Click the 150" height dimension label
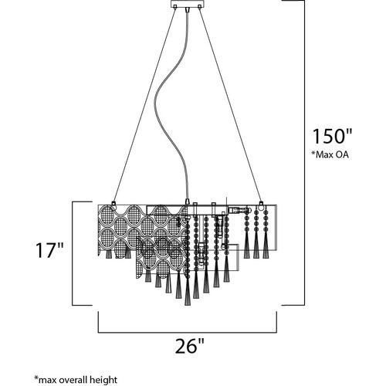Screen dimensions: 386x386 coord(332,136)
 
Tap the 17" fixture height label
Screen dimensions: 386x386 coord(49,250)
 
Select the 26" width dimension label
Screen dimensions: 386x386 coord(190,346)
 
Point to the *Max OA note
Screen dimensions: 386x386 coord(330,154)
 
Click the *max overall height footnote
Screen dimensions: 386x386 coord(76,380)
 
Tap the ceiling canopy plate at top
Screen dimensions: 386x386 coord(188,4)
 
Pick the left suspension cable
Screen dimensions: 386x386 coord(144,104)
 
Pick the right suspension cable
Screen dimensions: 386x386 coord(230,104)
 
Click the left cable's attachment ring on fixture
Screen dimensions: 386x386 coord(113,205)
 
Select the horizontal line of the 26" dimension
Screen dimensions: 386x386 coord(188,332)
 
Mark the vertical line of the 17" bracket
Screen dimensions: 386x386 coord(73,253)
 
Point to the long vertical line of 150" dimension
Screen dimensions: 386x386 coord(305,153)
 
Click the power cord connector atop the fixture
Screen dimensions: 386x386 coord(187,202)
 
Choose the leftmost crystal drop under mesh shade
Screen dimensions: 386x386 coord(108,254)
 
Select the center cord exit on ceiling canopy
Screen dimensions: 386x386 coord(187,10)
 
